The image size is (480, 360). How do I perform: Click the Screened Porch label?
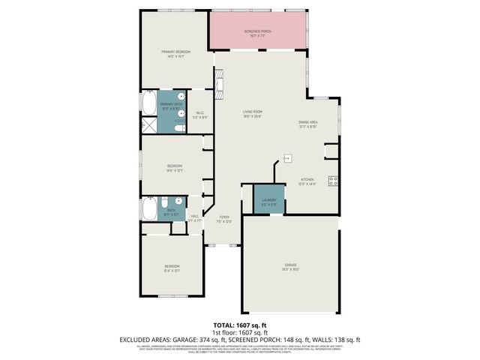[258, 32]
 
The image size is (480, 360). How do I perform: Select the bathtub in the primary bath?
[148, 103]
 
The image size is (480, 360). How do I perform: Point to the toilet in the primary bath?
[178, 128]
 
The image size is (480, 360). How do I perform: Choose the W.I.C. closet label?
[199, 115]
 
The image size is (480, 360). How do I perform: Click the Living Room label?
[251, 113]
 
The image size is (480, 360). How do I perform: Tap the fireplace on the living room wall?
[218, 79]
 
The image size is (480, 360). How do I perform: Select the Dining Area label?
[308, 124]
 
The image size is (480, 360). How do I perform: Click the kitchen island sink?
[286, 158]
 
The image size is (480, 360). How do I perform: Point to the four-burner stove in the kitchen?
[333, 180]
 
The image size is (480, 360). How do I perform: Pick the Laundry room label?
[268, 201]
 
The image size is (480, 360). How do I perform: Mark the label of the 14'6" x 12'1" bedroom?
[174, 168]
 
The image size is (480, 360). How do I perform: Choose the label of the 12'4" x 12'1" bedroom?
[172, 268]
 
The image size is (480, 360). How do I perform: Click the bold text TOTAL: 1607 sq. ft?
[239, 325]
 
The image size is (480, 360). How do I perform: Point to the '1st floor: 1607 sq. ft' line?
[239, 331]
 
